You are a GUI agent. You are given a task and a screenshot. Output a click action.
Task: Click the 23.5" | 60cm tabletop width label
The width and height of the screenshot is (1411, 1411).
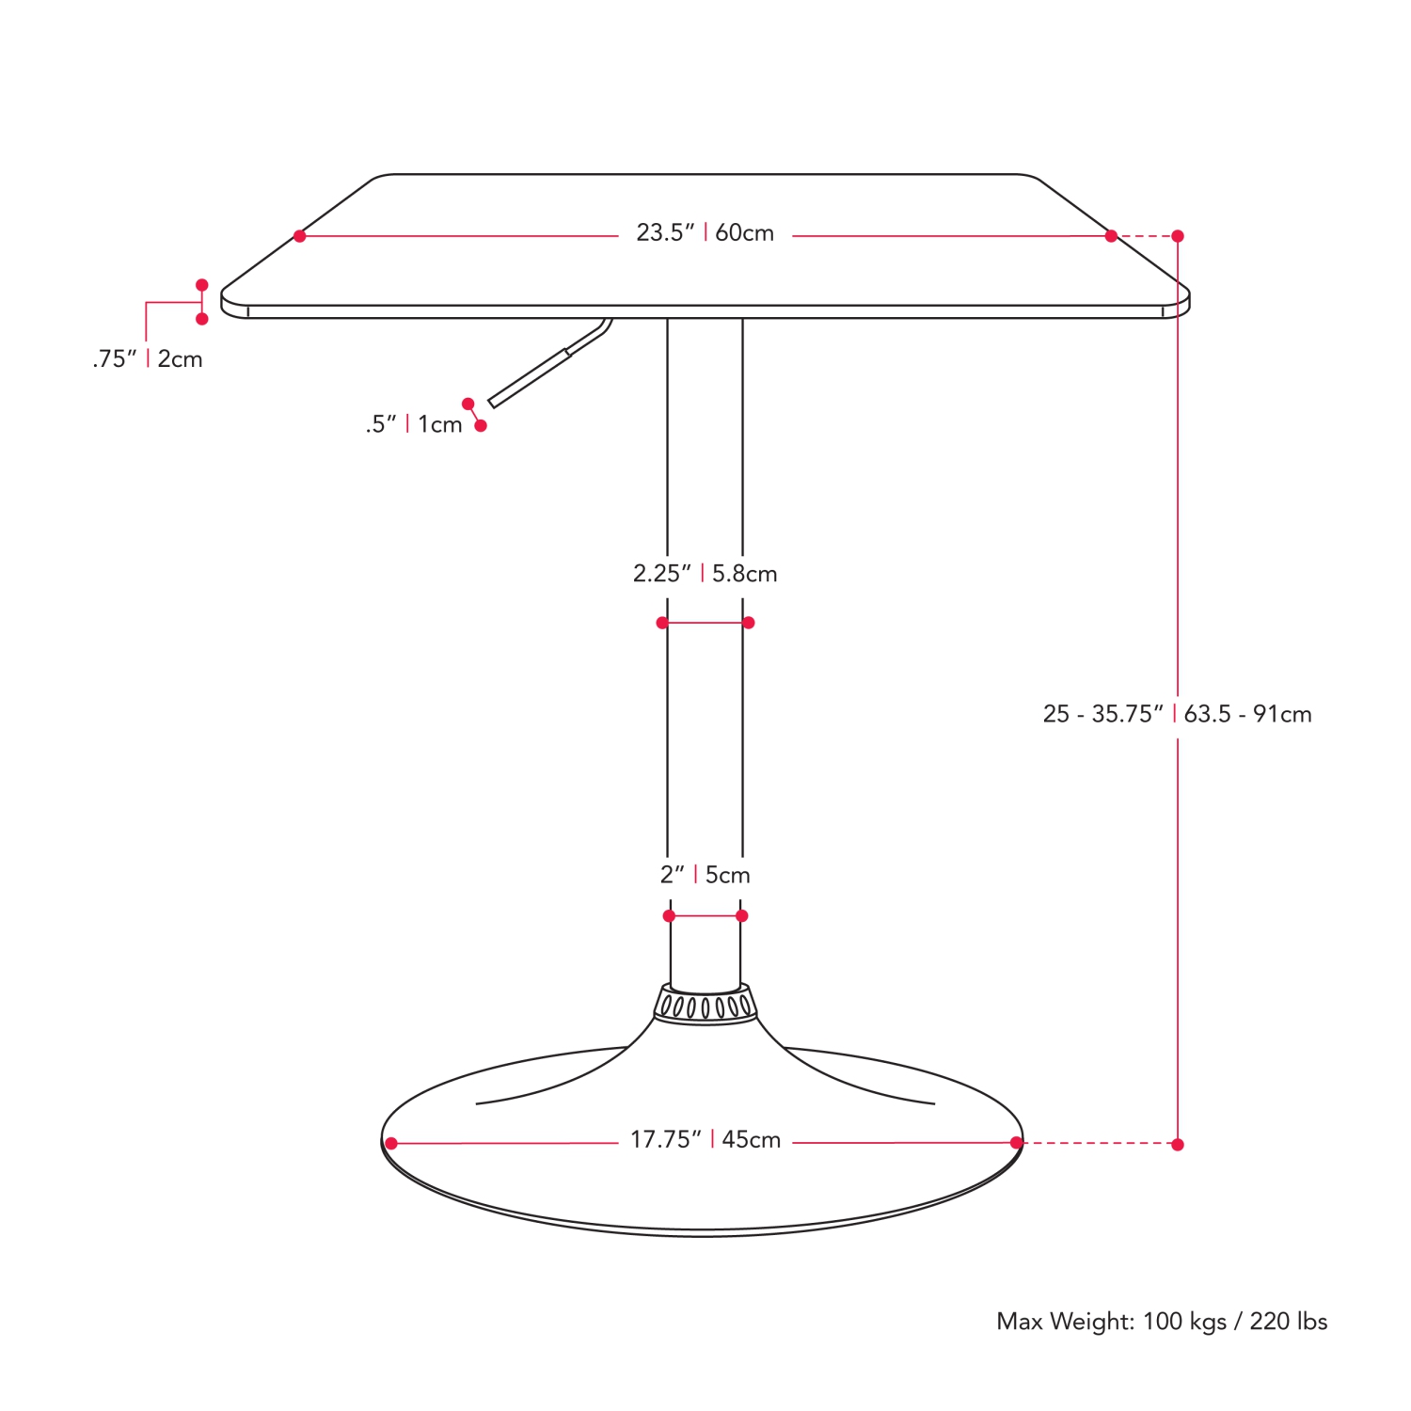[705, 232]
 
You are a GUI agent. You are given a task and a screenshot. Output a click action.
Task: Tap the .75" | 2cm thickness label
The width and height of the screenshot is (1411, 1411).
[148, 358]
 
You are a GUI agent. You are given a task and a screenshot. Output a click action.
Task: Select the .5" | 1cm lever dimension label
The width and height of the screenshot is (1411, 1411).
[414, 424]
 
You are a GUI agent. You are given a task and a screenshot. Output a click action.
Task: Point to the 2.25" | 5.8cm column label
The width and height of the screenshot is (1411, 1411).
[705, 573]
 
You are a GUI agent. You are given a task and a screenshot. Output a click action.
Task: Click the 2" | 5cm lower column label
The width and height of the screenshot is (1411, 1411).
[705, 875]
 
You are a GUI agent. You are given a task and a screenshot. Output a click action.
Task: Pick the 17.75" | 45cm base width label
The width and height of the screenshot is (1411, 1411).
[705, 1139]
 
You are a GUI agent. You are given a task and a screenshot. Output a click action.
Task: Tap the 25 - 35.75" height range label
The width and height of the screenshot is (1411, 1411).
[1177, 714]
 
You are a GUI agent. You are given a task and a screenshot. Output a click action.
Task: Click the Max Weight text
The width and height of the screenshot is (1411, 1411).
[1162, 1322]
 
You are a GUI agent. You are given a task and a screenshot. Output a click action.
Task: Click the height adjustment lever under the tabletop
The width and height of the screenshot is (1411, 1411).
[546, 367]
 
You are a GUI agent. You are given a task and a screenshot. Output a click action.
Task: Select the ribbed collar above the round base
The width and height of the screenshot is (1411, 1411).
[705, 1005]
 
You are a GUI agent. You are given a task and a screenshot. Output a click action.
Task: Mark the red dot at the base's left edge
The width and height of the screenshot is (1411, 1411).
[391, 1143]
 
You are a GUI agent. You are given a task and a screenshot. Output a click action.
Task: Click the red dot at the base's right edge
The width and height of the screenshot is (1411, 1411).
[1016, 1143]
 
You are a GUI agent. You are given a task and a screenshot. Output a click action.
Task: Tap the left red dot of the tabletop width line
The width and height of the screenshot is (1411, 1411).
[299, 236]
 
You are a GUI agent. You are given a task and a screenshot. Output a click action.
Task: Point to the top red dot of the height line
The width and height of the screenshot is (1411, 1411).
[1177, 236]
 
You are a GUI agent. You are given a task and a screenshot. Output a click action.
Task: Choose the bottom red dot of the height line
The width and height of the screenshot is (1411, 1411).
[1177, 1144]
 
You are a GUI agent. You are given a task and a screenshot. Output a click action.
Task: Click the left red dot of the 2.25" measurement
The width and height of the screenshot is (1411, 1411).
[662, 623]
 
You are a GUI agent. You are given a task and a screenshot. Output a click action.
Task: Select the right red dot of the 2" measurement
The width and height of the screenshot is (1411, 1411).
[741, 915]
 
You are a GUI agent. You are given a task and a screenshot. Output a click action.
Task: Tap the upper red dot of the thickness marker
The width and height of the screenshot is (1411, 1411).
[201, 285]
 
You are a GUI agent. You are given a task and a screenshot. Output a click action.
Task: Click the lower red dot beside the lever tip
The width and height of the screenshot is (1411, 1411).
[481, 426]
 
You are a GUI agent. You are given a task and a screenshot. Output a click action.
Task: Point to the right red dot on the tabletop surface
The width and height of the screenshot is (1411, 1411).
[1111, 236]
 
